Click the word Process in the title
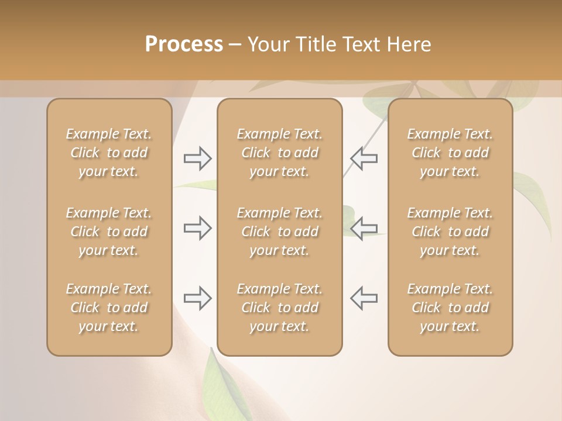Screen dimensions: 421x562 (184, 44)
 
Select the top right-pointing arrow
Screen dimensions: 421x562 (197, 158)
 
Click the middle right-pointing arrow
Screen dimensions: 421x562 (197, 228)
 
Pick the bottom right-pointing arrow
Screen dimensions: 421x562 (197, 298)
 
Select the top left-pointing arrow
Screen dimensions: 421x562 (364, 158)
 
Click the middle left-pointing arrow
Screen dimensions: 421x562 (364, 228)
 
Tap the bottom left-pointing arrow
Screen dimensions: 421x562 (364, 298)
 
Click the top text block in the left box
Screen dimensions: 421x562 (109, 153)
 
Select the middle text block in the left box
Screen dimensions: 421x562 (109, 232)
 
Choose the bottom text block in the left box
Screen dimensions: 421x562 (109, 308)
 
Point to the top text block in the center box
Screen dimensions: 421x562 (280, 153)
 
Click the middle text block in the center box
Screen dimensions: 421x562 (280, 232)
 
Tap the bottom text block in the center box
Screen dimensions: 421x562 (280, 308)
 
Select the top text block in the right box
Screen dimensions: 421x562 (450, 153)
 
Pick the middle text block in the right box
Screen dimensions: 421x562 (450, 232)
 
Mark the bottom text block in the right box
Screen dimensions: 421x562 (450, 308)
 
